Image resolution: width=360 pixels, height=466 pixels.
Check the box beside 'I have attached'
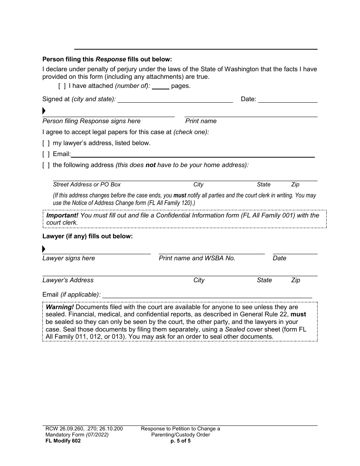coord(62,86)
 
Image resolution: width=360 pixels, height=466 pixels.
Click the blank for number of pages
coord(161,86)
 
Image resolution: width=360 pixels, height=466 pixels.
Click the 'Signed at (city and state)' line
coord(175,100)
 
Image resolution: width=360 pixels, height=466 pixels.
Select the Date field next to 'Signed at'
coord(288,100)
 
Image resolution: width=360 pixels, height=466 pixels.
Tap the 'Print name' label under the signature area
coord(201,121)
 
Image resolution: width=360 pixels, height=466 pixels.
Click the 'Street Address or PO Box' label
coord(87,185)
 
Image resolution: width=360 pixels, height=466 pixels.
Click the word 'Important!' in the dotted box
coord(62,215)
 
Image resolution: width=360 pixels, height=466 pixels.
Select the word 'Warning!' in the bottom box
coord(60,307)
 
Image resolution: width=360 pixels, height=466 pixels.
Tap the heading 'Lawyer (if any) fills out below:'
coord(88,236)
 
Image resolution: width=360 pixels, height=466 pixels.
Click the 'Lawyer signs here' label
coord(69,258)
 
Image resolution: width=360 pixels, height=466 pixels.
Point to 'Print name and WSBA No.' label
coord(197,258)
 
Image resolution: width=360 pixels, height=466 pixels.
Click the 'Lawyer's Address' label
coord(68,280)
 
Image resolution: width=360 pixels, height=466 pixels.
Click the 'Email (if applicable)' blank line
coord(207,295)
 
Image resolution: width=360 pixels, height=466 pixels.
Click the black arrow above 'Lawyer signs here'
coord(44,249)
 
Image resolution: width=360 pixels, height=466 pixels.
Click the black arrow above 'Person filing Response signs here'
coord(44,111)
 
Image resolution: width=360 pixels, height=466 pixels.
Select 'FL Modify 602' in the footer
coord(61,441)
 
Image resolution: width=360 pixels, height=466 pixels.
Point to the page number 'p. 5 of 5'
coord(180,441)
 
